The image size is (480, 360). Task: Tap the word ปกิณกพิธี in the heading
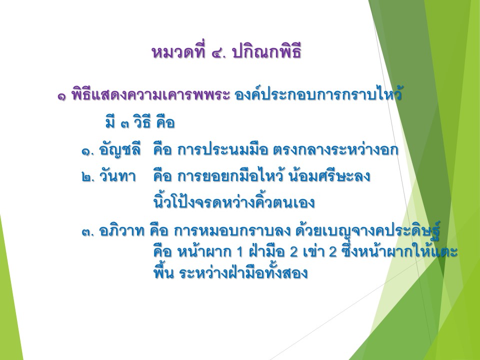pos(267,52)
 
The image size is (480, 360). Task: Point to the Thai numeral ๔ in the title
pos(218,53)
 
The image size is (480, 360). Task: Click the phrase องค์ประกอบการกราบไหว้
pos(318,94)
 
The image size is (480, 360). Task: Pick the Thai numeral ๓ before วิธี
pos(125,124)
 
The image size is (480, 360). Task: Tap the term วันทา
pos(117,176)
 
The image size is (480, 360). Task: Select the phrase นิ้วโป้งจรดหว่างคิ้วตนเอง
pos(234,202)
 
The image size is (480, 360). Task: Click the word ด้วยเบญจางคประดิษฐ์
pos(368,230)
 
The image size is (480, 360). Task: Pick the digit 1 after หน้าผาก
pos(240,252)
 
